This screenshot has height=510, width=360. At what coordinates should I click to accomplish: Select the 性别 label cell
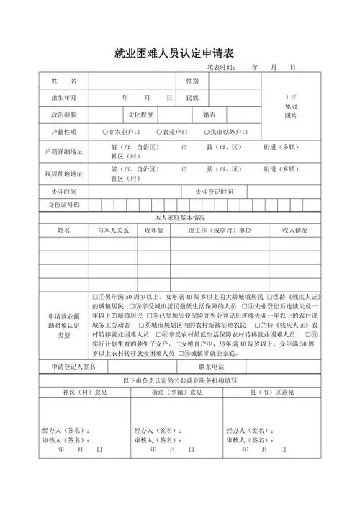pos(193,79)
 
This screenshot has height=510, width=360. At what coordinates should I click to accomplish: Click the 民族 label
pos(193,97)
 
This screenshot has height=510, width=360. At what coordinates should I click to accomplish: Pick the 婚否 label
pos(209,115)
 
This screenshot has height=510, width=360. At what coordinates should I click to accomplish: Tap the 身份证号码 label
pos(63,205)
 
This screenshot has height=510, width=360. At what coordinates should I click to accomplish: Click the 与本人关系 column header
pos(114,231)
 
